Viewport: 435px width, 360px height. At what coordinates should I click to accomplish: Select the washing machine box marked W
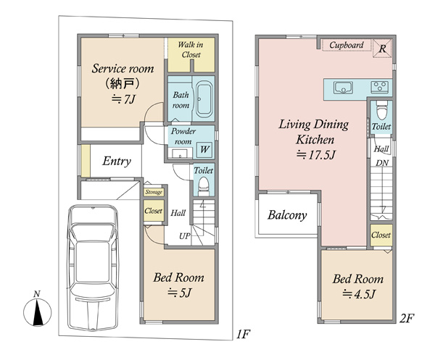[204, 149]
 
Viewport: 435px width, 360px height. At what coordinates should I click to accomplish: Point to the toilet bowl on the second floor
[382, 110]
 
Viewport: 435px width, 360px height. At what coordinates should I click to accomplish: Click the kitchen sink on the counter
[344, 88]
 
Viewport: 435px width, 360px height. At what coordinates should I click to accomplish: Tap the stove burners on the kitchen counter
[379, 87]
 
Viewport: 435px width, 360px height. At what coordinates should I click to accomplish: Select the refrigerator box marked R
[382, 49]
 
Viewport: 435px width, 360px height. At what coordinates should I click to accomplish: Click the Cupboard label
[347, 45]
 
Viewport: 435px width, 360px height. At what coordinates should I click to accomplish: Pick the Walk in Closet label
[191, 49]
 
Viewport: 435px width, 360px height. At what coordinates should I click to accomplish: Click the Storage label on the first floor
[154, 192]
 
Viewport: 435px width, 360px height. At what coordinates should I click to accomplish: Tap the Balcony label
[287, 215]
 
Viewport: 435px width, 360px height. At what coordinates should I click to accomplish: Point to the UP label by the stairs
[184, 236]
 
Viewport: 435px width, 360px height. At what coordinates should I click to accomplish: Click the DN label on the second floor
[382, 163]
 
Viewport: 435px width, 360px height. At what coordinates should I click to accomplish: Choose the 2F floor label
[407, 318]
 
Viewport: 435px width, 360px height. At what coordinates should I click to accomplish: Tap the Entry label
[117, 161]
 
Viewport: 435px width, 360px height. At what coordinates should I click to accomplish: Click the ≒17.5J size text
[315, 154]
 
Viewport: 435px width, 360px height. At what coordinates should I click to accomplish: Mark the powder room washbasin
[180, 154]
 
